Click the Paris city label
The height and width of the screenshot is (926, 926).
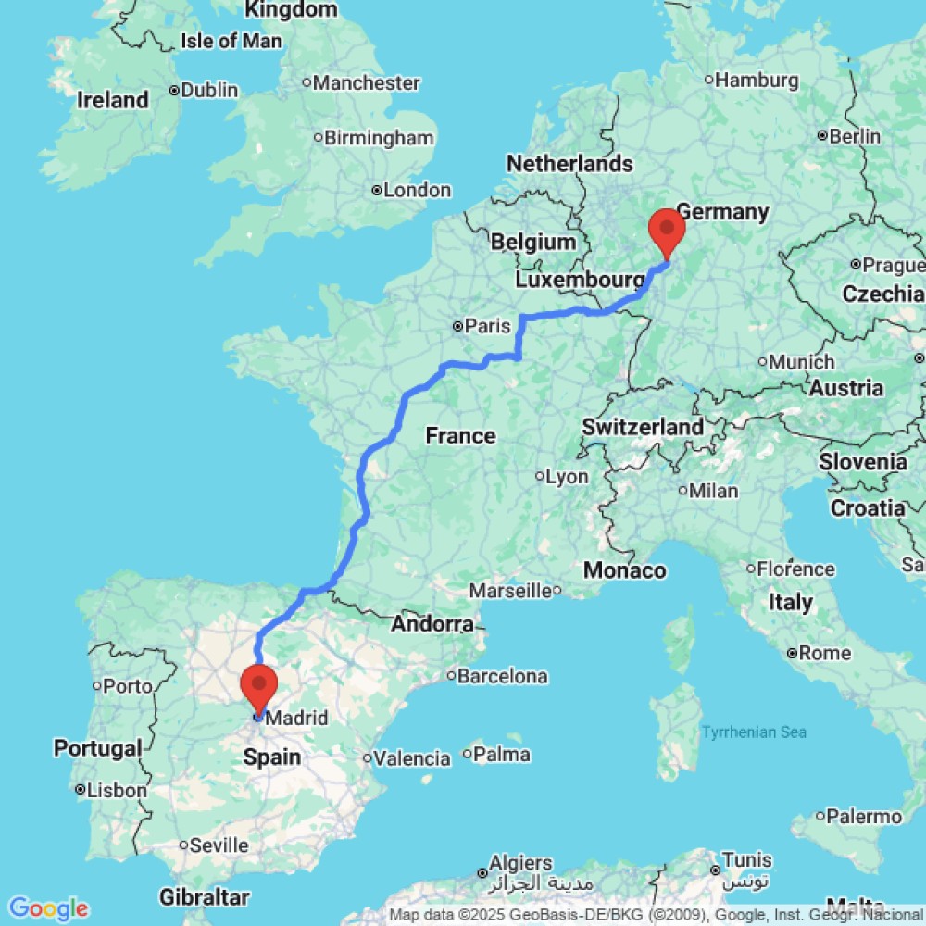click(x=488, y=326)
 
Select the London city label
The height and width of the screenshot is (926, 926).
click(x=418, y=191)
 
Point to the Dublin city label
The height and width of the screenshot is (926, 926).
click(x=209, y=91)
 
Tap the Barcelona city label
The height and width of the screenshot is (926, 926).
click(x=502, y=676)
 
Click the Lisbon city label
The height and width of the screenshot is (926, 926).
click(x=116, y=791)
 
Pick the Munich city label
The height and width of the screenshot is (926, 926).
click(x=802, y=362)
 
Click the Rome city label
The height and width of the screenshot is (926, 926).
click(x=824, y=653)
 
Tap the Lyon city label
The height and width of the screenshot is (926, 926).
click(x=567, y=477)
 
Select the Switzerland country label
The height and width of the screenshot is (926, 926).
click(x=643, y=427)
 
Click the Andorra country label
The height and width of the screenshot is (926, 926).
click(x=432, y=624)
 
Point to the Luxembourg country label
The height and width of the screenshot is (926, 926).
click(x=580, y=280)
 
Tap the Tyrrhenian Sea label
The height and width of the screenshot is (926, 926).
click(x=754, y=732)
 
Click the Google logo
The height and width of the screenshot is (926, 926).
click(x=47, y=908)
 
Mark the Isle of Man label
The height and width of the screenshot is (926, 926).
click(x=231, y=41)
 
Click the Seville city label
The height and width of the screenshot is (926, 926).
click(x=219, y=845)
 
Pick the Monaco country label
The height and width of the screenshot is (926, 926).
click(x=624, y=570)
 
